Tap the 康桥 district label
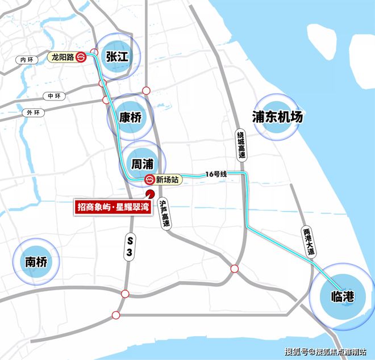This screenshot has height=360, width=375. [130, 118]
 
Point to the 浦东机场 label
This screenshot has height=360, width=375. [277, 117]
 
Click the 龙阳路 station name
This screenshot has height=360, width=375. [63, 57]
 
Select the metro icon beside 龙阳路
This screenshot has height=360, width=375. [82, 57]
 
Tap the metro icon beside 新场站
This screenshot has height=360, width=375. [149, 179]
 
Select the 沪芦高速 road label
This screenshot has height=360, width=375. [165, 214]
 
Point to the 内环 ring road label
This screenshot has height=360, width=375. [23, 59]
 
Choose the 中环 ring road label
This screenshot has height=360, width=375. [54, 95]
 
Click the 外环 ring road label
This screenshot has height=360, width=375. [34, 112]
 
